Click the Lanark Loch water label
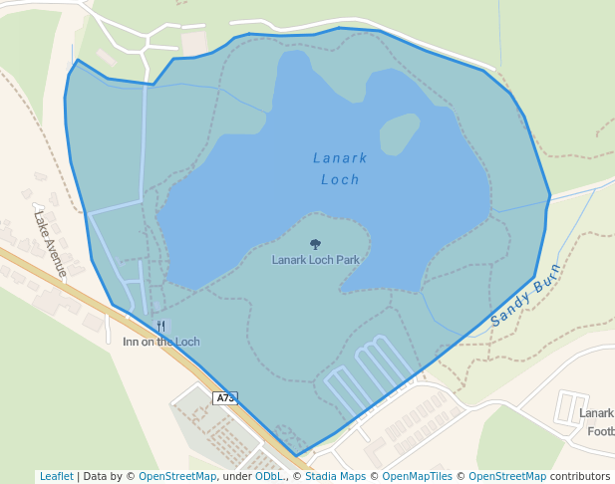tap(340, 168)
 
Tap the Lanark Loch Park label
tap(315, 260)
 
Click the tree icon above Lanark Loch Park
tap(316, 244)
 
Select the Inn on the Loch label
tap(160, 342)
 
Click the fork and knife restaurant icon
tap(160, 326)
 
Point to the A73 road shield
tap(226, 398)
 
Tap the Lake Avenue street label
tap(50, 243)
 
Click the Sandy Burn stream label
tap(526, 297)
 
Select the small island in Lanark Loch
tap(399, 133)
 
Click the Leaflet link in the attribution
tap(56, 477)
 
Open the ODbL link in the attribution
tap(269, 477)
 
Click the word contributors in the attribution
tap(580, 477)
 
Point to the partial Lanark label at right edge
tap(596, 413)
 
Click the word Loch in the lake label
tap(340, 180)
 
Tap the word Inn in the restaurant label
tap(131, 342)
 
